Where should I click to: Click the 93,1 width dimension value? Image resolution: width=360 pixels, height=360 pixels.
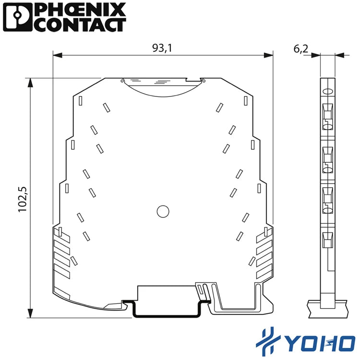(x=162, y=48)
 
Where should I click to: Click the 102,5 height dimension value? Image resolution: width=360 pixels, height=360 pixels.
(x=23, y=200)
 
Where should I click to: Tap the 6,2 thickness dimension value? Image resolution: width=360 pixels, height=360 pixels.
(x=301, y=49)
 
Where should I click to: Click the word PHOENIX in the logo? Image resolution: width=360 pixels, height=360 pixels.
(x=82, y=11)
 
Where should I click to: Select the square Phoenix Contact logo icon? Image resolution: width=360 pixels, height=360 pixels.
(x=17, y=17)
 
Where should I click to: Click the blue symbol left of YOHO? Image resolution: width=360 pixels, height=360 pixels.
(x=268, y=341)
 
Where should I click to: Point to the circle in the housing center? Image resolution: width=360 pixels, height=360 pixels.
(x=163, y=212)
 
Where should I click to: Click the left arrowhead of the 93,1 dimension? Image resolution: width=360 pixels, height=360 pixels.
(x=58, y=55)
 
